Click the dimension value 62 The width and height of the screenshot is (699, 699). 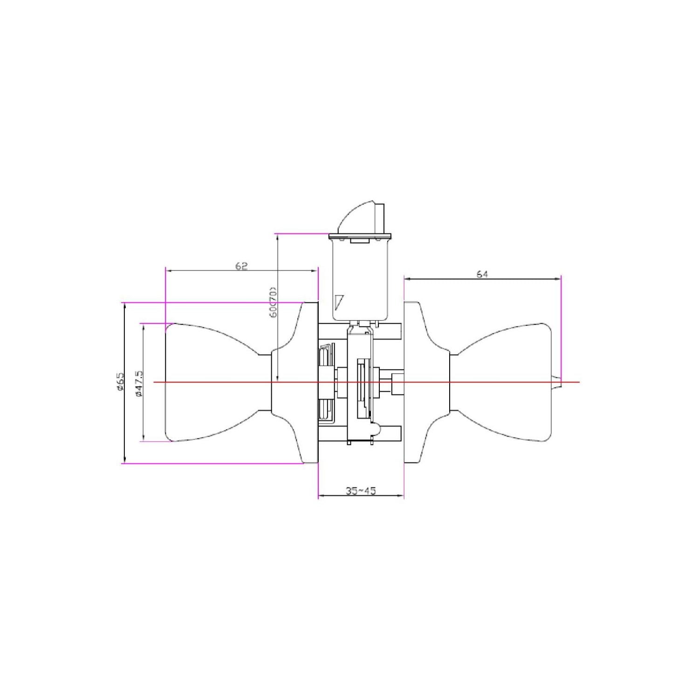coord(241,266)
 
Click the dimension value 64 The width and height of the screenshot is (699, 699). coord(482,274)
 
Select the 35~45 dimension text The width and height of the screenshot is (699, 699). coord(361,491)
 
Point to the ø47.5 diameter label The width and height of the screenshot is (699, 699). coord(138,384)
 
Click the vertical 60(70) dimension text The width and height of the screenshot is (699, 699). coord(274,302)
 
